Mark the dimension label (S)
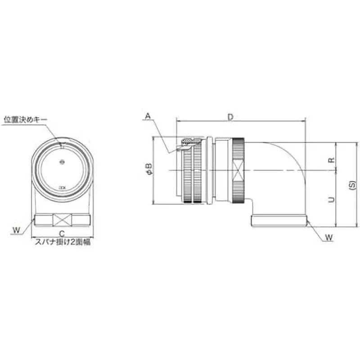[x=352, y=185]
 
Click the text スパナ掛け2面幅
[x=63, y=242]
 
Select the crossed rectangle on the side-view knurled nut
[x=238, y=171]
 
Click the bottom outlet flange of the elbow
[x=279, y=221]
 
